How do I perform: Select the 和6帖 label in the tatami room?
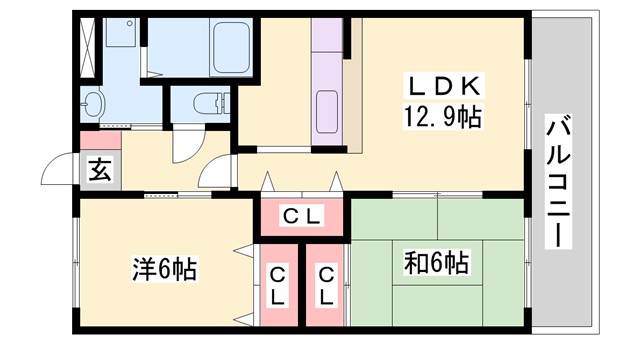click(x=436, y=264)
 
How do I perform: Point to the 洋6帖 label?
click(x=165, y=268)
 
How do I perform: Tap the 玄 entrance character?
click(x=99, y=168)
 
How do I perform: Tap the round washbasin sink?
click(x=94, y=103)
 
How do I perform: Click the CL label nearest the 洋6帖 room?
click(x=277, y=286)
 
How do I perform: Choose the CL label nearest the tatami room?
click(x=327, y=286)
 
